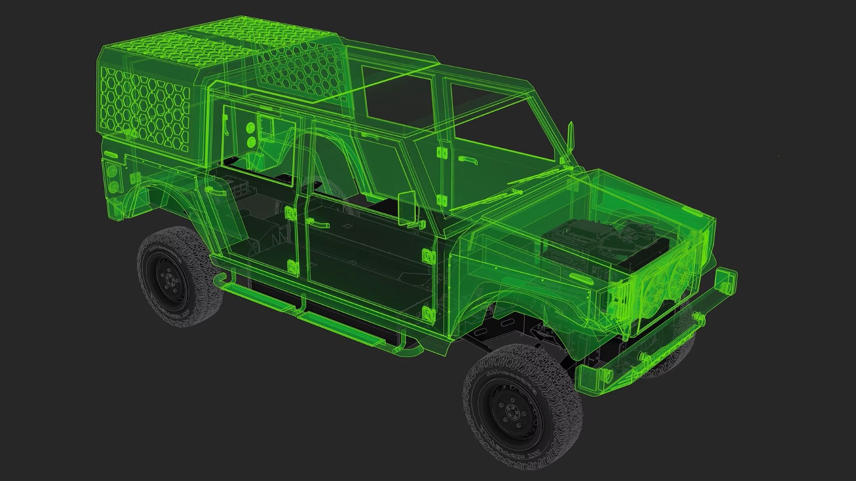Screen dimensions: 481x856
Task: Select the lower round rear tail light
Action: (114, 186)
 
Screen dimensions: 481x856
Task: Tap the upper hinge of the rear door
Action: (291, 212)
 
